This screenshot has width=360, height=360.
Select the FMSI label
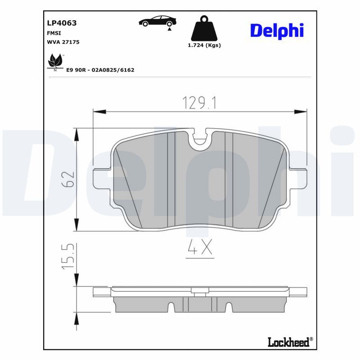point(54,33)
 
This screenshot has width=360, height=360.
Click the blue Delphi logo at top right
point(277,30)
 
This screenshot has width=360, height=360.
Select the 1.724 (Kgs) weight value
point(204,45)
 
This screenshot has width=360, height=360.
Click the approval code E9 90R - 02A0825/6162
point(100,70)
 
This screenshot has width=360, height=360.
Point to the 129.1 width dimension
point(200,103)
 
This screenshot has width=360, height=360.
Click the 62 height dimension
point(68,180)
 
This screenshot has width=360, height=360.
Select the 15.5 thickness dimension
point(67,257)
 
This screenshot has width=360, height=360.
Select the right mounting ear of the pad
point(298,180)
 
